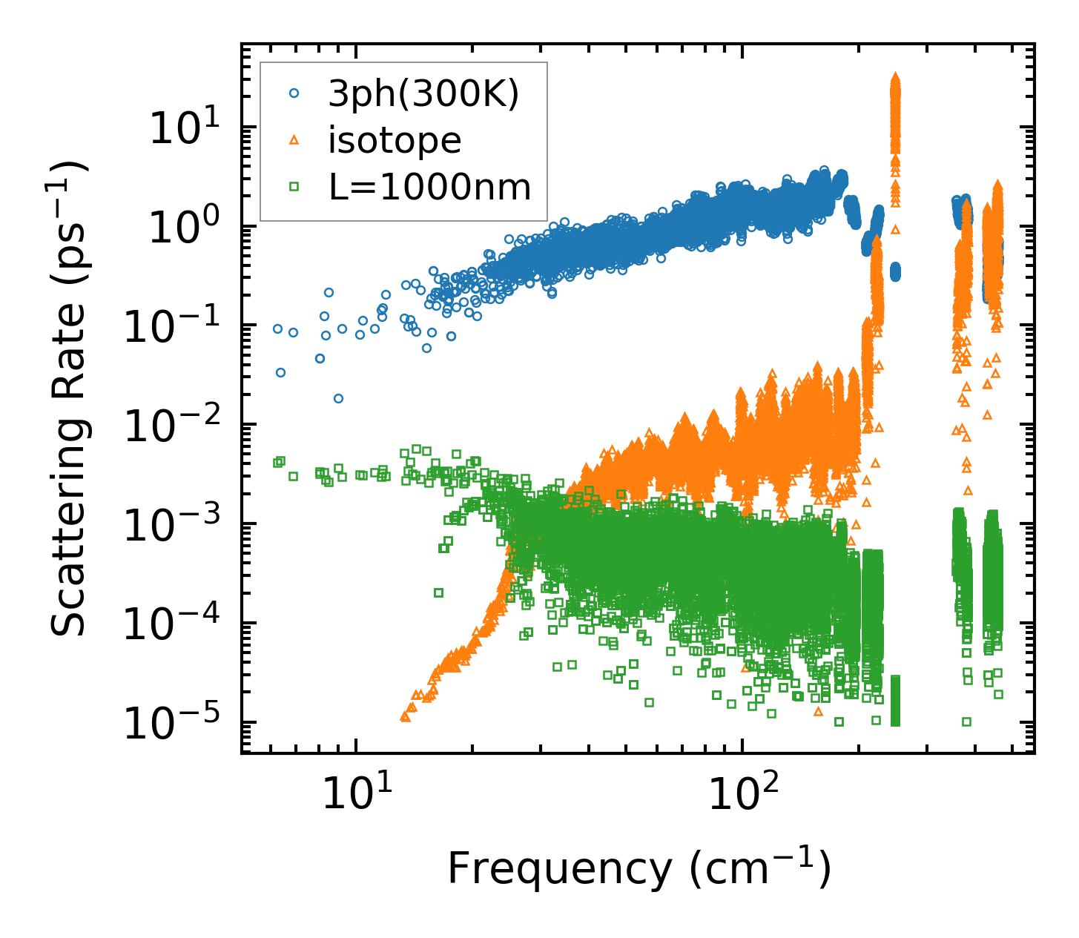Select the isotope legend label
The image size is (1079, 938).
(395, 140)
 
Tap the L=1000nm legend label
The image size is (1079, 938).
(430, 187)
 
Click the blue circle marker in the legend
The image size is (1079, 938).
(294, 94)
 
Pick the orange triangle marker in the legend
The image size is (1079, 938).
(294, 140)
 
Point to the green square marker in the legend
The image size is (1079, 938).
(294, 187)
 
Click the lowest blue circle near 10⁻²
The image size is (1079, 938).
(338, 398)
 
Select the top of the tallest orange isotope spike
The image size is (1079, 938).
(895, 77)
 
